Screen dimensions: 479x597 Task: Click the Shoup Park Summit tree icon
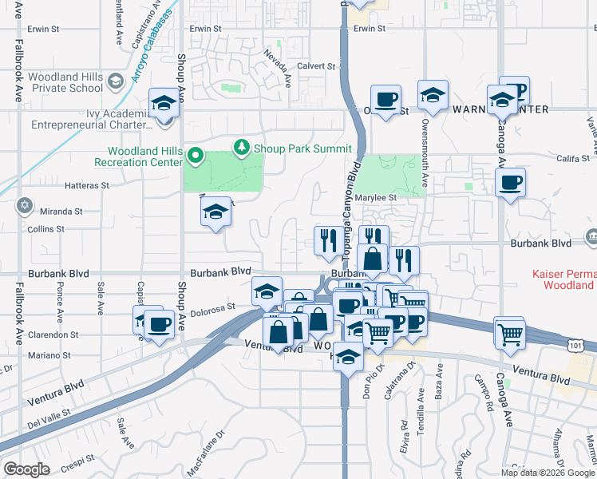(x=241, y=148)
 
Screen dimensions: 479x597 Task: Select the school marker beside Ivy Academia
(x=164, y=104)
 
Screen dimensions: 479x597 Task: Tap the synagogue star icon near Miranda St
(x=25, y=207)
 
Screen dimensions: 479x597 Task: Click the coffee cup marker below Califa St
(x=509, y=184)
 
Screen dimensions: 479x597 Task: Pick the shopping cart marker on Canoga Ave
(x=509, y=331)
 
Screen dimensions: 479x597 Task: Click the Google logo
(x=26, y=469)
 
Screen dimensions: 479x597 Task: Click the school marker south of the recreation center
(x=215, y=212)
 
